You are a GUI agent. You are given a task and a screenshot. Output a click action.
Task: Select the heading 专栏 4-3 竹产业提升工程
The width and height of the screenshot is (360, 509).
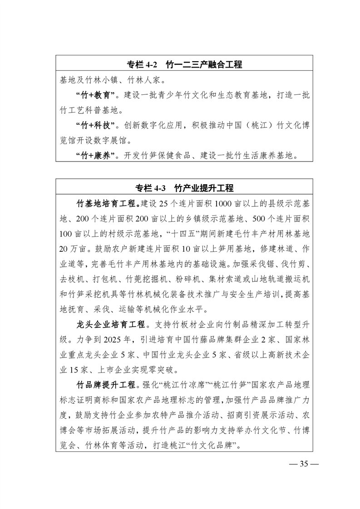[x=184, y=188]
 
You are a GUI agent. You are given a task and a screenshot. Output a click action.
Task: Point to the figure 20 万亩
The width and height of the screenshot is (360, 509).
[x=74, y=249]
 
